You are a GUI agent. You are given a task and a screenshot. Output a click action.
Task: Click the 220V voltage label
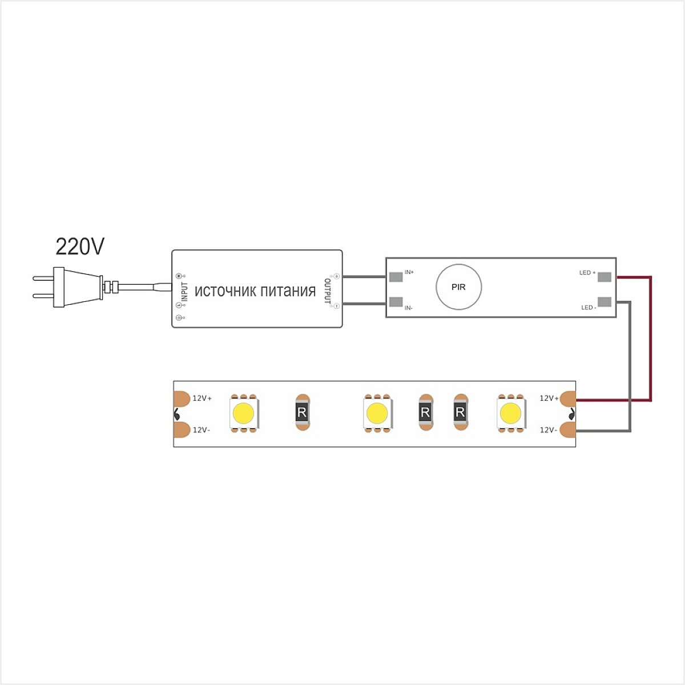coord(80,247)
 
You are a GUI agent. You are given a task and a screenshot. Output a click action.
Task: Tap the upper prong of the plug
coord(43,279)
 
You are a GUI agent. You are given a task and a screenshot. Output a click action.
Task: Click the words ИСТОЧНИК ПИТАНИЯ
coord(255,291)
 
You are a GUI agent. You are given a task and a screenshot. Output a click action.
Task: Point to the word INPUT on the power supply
coord(184,292)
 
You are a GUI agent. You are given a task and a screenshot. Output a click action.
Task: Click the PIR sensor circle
coord(458,287)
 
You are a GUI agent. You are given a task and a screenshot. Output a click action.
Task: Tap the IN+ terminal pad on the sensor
coord(396,276)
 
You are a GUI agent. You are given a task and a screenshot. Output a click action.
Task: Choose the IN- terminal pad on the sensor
coord(396,302)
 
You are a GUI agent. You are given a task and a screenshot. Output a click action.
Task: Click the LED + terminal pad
coord(605,276)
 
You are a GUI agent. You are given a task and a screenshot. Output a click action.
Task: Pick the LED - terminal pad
coord(605,302)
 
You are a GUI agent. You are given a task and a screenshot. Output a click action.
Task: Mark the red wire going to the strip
coord(651,339)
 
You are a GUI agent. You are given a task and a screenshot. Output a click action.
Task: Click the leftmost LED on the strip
coord(244,413)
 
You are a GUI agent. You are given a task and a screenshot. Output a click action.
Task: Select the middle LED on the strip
coord(377,413)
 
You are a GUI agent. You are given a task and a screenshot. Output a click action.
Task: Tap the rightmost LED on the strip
coord(511,413)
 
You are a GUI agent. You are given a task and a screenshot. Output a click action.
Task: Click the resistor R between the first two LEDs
coord(302,412)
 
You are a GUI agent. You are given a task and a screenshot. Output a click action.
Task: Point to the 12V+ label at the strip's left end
coord(202,398)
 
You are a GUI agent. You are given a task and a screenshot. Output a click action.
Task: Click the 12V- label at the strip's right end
coord(549,430)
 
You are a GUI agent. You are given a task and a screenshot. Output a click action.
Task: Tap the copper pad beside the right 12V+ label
coord(568,398)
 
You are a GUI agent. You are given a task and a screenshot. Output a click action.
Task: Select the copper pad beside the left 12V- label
coord(182,430)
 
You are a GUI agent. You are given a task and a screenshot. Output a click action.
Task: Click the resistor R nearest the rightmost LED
coord(460,412)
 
